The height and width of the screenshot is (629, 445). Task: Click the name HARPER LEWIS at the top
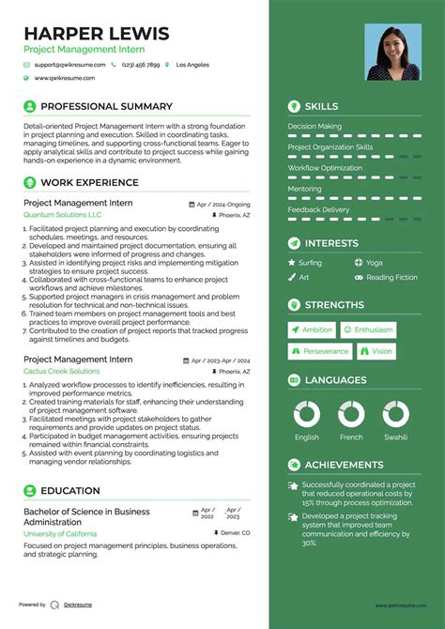(97, 34)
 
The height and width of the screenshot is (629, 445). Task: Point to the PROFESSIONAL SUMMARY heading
(106, 107)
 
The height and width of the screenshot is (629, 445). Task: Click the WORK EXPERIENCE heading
(89, 182)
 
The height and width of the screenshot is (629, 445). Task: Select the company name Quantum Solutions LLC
(63, 215)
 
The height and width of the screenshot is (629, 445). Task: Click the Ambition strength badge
(312, 330)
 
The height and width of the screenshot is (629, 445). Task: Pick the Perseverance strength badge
(319, 351)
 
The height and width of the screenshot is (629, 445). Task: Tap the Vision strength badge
(376, 351)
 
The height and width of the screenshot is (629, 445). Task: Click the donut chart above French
(351, 414)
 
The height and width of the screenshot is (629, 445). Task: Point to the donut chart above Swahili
(395, 414)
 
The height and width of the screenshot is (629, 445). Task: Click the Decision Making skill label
(315, 126)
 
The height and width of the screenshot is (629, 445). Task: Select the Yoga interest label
(374, 263)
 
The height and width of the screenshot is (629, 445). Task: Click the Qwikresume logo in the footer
(56, 605)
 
